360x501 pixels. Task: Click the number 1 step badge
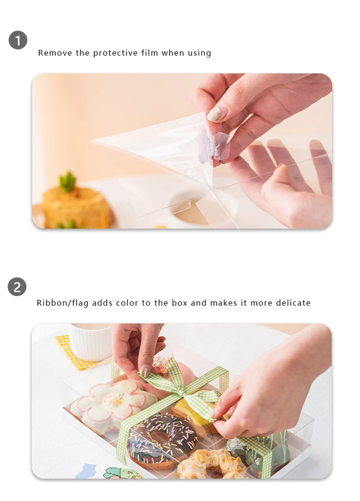pyautogui.click(x=18, y=40)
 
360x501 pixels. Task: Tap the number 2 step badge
pyautogui.click(x=17, y=287)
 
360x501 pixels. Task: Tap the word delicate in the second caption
pyautogui.click(x=292, y=303)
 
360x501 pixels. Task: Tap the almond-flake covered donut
pyautogui.click(x=211, y=464)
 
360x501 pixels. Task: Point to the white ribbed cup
pyautogui.click(x=90, y=342)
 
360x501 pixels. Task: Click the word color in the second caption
pyautogui.click(x=127, y=303)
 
